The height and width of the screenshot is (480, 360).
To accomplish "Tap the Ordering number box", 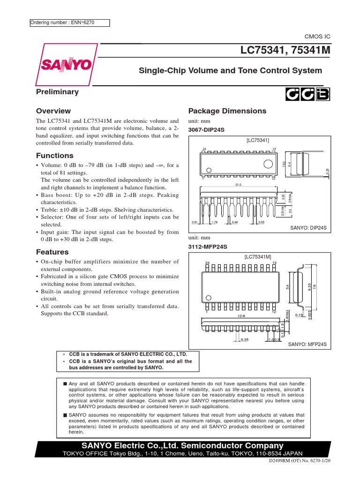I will point(69,22).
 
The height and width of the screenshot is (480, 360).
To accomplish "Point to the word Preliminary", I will point(57,92).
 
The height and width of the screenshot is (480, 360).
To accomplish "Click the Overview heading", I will point(53,111).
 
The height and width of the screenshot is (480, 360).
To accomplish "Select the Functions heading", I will point(55,156).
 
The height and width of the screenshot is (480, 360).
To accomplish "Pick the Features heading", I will point(52,252).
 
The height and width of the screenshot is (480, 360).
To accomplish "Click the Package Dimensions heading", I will point(227,111).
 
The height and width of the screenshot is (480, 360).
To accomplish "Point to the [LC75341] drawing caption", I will point(257,140).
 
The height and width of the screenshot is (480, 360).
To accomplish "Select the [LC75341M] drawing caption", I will point(258,257).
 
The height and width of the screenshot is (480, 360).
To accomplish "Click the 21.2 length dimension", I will point(238,185).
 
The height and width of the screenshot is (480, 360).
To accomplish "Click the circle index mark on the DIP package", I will point(268,164).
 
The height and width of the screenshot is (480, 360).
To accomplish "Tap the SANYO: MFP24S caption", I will point(307,345).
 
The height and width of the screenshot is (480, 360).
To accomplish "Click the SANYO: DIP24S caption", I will point(307,227).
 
